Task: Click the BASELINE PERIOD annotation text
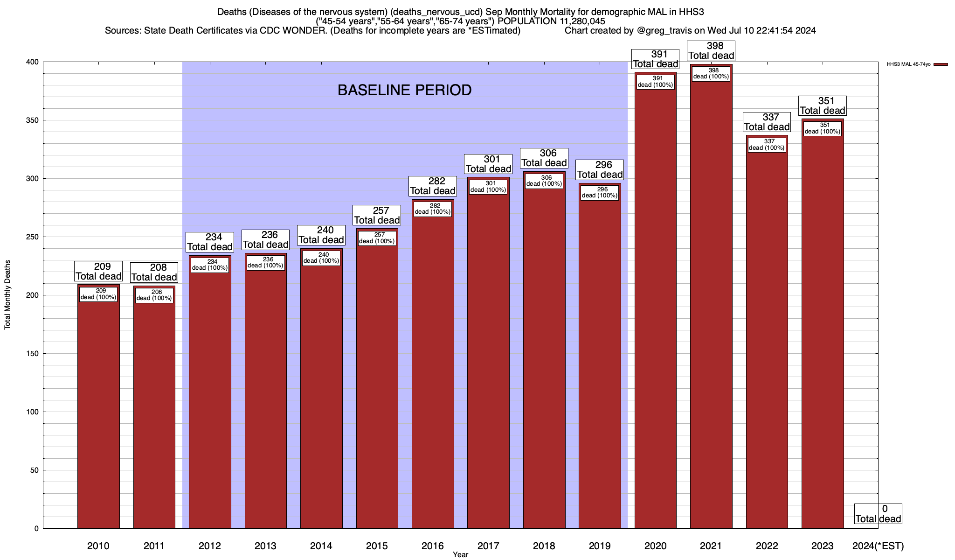[404, 90]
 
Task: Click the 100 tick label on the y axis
[33, 412]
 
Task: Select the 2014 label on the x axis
[321, 546]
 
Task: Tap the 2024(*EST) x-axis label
[878, 546]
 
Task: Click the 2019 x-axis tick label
[600, 546]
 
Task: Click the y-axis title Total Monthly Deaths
[7, 295]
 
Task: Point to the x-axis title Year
[460, 555]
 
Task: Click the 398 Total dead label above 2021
[712, 51]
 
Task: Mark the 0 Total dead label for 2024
[878, 514]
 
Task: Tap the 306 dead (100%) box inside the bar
[544, 181]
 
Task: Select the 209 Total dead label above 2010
[98, 272]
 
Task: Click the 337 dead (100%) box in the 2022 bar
[767, 145]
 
